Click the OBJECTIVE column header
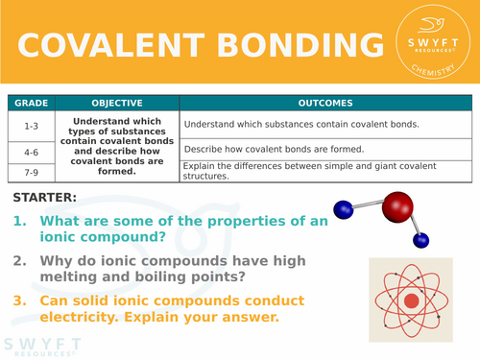[x=117, y=104]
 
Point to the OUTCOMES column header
[x=326, y=104]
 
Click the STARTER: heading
[x=46, y=199]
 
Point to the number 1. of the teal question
[x=20, y=222]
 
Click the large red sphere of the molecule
[x=396, y=206]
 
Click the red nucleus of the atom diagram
[x=412, y=300]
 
